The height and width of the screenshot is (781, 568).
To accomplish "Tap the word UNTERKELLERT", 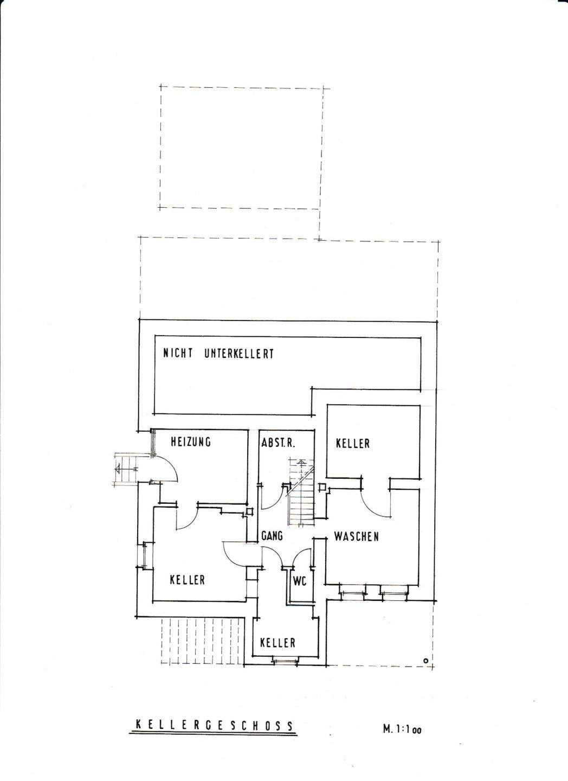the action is [239, 354].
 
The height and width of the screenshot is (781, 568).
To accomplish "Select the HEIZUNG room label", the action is [190, 442].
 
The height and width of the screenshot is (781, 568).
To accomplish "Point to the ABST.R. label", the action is [277, 442].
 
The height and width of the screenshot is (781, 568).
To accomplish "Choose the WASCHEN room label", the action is [356, 537].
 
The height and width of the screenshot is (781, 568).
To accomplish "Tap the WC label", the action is [300, 581].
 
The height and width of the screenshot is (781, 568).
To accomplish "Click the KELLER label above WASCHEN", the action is [352, 444].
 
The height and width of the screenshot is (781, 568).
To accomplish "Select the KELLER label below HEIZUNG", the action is [187, 580].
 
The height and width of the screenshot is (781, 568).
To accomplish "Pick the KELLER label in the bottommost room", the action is [277, 643].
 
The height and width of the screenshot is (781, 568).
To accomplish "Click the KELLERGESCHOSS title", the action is [214, 726].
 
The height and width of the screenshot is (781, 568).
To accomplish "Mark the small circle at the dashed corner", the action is [426, 661].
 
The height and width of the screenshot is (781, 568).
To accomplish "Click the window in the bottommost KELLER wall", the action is [285, 660].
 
